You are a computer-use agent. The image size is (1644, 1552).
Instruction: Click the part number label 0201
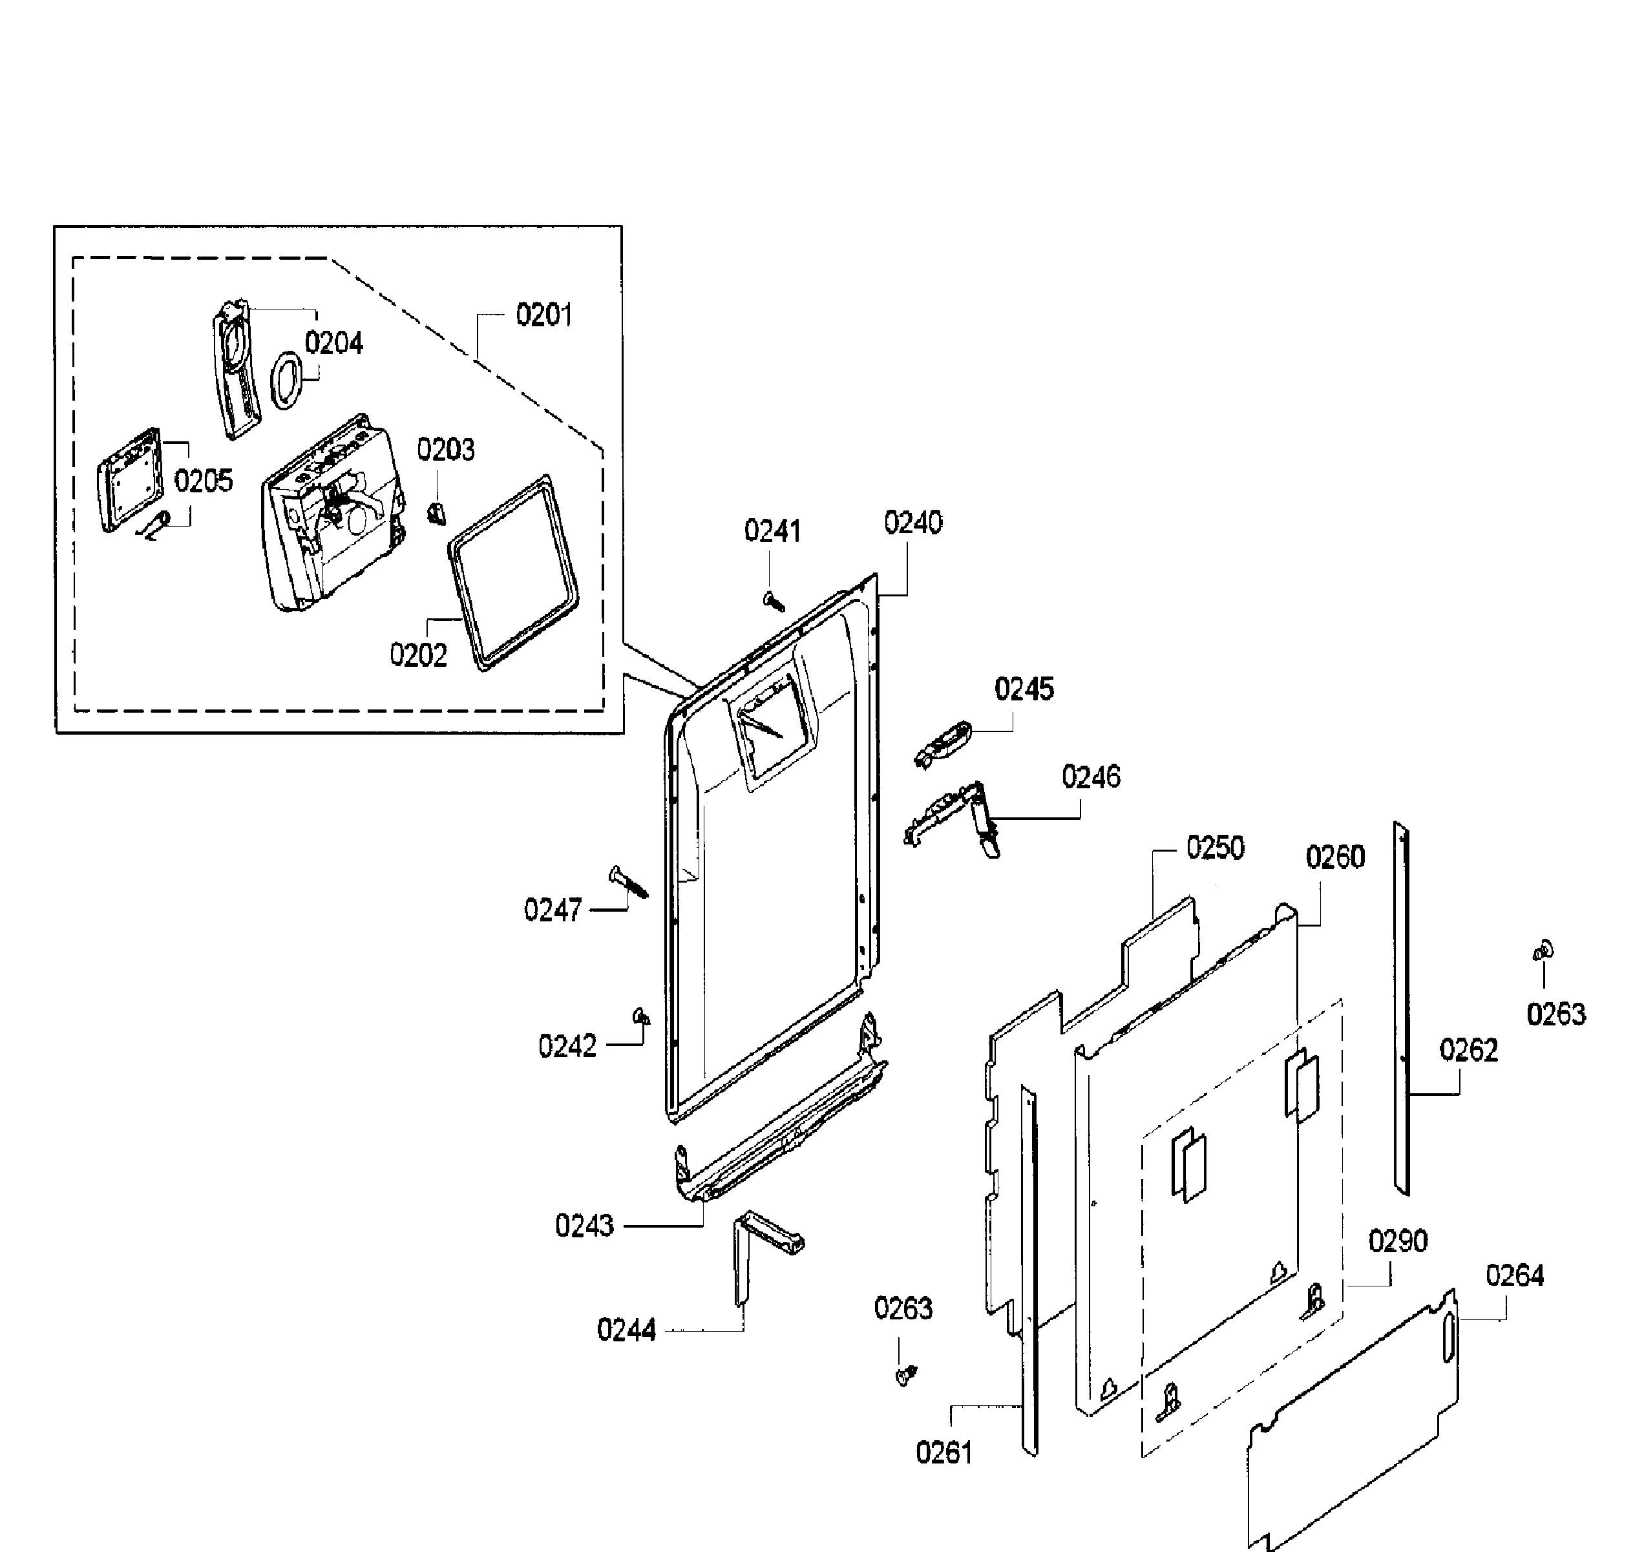pyautogui.click(x=543, y=315)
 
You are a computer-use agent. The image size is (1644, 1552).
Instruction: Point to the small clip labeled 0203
pyautogui.click(x=436, y=514)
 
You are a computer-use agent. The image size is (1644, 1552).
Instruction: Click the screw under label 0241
pyautogui.click(x=774, y=602)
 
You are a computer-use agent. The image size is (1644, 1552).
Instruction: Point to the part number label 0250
pyautogui.click(x=1215, y=848)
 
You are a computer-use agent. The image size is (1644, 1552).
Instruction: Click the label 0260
pyautogui.click(x=1334, y=857)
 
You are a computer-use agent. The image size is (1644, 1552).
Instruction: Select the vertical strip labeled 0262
pyautogui.click(x=1401, y=1009)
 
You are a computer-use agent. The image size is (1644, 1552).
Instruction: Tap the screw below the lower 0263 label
pyautogui.click(x=906, y=1375)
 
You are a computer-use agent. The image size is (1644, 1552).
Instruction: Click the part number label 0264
pyautogui.click(x=1514, y=1275)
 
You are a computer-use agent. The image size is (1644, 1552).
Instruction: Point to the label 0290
pyautogui.click(x=1397, y=1241)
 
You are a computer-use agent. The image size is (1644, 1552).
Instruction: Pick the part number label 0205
pyautogui.click(x=204, y=481)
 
